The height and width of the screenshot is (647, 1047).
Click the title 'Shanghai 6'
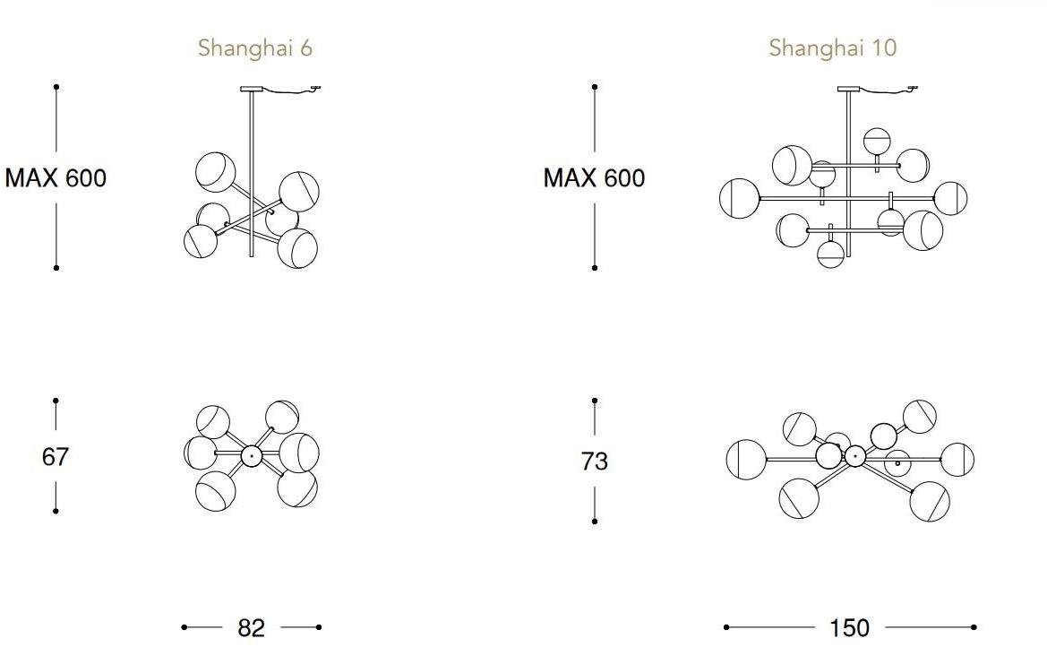pyautogui.click(x=255, y=47)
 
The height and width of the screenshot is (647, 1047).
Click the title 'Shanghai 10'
pyautogui.click(x=832, y=47)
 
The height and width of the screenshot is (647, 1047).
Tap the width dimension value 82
pyautogui.click(x=252, y=628)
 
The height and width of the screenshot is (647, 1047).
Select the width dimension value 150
pyautogui.click(x=849, y=628)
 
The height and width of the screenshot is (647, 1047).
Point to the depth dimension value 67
pyautogui.click(x=56, y=457)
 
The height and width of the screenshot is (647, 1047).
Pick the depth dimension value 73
pyautogui.click(x=595, y=461)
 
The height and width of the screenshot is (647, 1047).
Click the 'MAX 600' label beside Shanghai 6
pyautogui.click(x=56, y=178)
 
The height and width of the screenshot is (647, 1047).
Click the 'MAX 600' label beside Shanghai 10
pyautogui.click(x=594, y=178)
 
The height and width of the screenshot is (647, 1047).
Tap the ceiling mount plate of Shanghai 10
pyautogui.click(x=848, y=89)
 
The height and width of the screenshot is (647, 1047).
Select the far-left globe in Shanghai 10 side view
pyautogui.click(x=739, y=198)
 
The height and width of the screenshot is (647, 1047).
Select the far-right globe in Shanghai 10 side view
pyautogui.click(x=950, y=198)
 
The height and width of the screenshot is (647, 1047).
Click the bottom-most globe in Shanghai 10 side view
pyautogui.click(x=831, y=254)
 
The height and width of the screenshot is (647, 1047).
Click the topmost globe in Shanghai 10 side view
pyautogui.click(x=877, y=141)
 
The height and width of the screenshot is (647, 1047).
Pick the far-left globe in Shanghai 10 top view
pyautogui.click(x=746, y=460)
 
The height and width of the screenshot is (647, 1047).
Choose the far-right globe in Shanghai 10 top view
pyautogui.click(x=957, y=459)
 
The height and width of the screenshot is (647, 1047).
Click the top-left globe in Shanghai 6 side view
pyautogui.click(x=216, y=172)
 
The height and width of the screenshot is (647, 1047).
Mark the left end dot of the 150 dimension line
pyautogui.click(x=725, y=627)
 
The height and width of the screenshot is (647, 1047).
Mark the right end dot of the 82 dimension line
pyautogui.click(x=319, y=627)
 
